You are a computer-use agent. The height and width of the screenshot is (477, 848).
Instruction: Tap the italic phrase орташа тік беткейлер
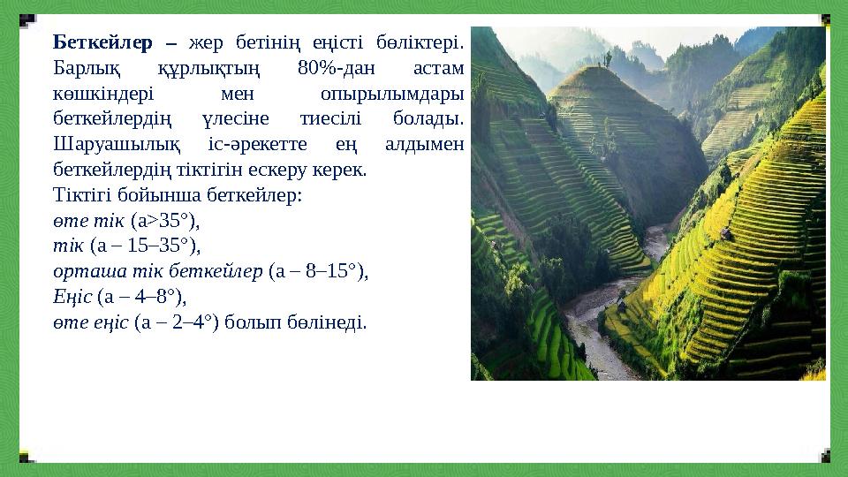pyautogui.click(x=157, y=270)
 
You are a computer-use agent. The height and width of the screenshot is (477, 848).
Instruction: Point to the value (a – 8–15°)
pyautogui.click(x=318, y=270)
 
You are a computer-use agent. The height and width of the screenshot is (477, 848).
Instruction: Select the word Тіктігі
pyautogui.click(x=81, y=193)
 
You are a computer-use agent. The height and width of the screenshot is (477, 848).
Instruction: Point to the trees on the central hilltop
pyautogui.click(x=608, y=60)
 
